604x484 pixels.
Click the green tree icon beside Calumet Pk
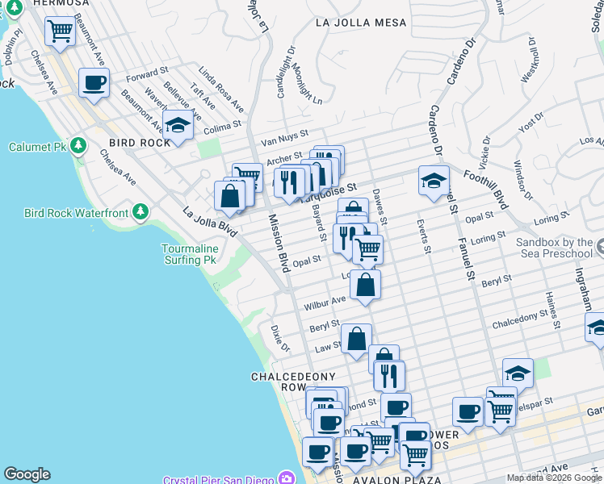click(x=78, y=146)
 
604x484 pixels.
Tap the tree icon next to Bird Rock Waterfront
click(x=141, y=212)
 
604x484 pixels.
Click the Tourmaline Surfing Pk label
click(x=189, y=254)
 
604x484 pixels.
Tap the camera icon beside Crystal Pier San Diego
click(x=286, y=478)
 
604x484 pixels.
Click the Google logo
click(x=27, y=474)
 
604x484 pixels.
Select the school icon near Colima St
click(x=178, y=124)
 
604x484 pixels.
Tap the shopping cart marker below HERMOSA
click(x=61, y=31)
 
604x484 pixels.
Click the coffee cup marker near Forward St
click(x=94, y=82)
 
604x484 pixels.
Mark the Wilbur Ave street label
click(x=324, y=303)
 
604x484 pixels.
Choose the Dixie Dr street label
click(x=279, y=339)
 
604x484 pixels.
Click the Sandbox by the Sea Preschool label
click(x=554, y=248)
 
